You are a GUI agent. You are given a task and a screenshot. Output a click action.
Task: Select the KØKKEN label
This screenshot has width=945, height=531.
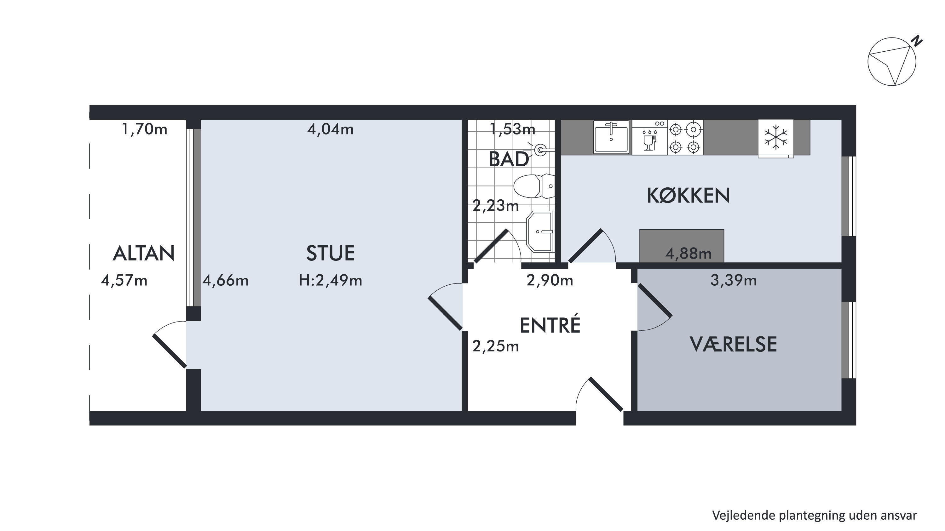688,196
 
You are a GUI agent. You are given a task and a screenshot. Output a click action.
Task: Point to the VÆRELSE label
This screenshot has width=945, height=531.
733,344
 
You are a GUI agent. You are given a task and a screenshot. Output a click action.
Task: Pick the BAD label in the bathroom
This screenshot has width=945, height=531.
509,159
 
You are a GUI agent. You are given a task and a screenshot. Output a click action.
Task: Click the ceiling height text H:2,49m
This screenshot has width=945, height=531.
330,281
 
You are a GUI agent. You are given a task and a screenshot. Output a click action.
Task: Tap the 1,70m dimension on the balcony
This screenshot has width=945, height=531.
144,129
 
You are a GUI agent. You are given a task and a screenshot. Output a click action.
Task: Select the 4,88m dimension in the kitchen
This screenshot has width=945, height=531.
688,254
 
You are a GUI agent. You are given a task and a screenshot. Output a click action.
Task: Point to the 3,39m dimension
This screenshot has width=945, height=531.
733,281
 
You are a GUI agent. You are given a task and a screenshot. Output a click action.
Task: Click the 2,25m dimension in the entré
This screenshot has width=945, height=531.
496,346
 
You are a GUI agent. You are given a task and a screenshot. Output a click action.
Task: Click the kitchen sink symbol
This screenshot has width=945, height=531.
611,136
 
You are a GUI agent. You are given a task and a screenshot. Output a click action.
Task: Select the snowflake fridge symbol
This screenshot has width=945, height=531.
776,137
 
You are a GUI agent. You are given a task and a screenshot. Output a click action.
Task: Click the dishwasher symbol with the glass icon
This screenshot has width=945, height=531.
650,137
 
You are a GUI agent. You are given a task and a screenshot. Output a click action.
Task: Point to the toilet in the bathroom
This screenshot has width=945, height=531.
534,186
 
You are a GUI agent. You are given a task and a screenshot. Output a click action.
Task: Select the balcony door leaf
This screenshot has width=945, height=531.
170,351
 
